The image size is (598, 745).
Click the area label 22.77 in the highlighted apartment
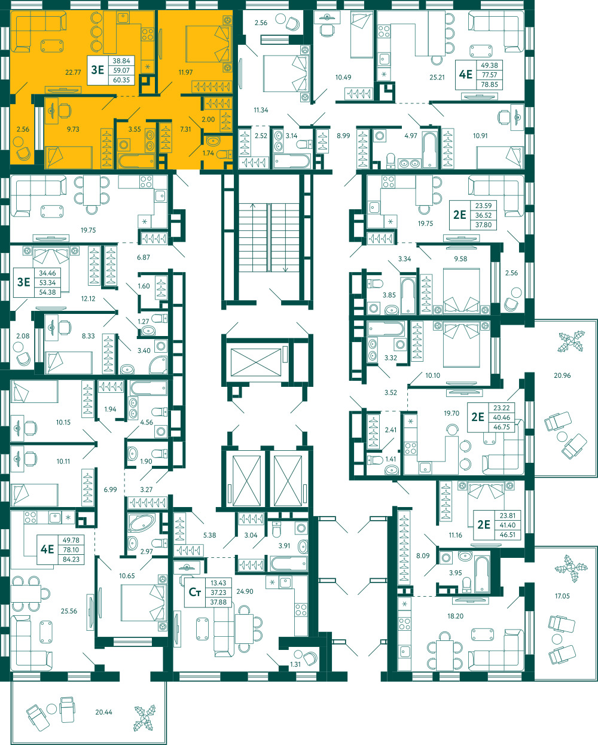coord(73,72)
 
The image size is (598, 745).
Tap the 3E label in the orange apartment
coord(97,70)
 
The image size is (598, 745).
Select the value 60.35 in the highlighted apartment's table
coord(121,80)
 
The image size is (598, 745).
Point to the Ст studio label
coord(194,593)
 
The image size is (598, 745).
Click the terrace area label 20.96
coord(562,375)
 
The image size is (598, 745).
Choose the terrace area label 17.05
coord(562,596)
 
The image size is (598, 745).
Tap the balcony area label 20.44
coord(103,712)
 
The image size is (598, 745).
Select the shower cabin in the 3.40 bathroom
coord(158,364)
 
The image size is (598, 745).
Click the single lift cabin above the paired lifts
coord(256,362)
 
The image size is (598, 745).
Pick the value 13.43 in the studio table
coord(218,583)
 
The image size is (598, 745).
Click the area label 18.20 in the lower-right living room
coord(455,616)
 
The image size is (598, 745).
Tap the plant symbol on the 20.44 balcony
coord(145,718)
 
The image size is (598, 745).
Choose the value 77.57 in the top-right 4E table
coord(489,75)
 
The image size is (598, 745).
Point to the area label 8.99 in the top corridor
coord(343,136)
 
